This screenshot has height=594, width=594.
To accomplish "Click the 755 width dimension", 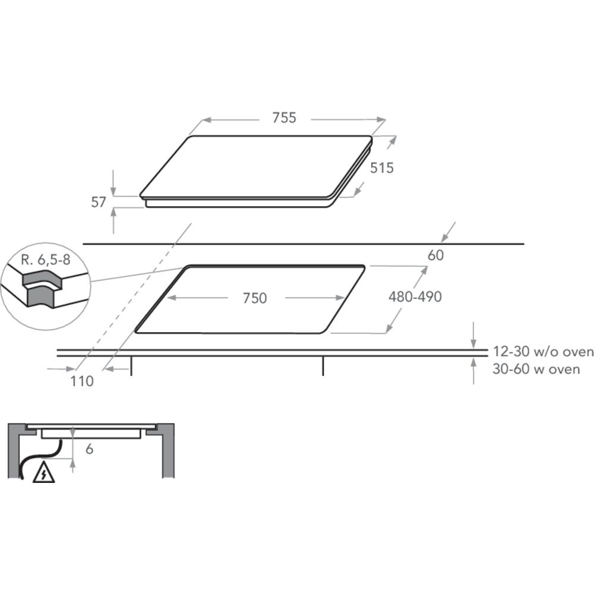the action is pos(284,118).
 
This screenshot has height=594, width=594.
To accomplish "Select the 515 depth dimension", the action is pos(382,168).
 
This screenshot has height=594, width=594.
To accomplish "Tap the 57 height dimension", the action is pos(99,203).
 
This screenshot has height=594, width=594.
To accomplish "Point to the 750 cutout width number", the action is pos(255,298).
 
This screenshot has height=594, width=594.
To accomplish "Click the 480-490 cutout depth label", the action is pos(415,296).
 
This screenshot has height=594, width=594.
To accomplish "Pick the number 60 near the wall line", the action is pos(435,255).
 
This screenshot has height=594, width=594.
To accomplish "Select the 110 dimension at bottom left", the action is pos(82,381).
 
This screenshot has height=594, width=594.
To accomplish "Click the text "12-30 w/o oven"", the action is pos(544,352).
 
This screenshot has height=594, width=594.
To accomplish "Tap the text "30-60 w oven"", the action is pos(536,369).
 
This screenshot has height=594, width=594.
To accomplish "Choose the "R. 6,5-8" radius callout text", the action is pos(46,260).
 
